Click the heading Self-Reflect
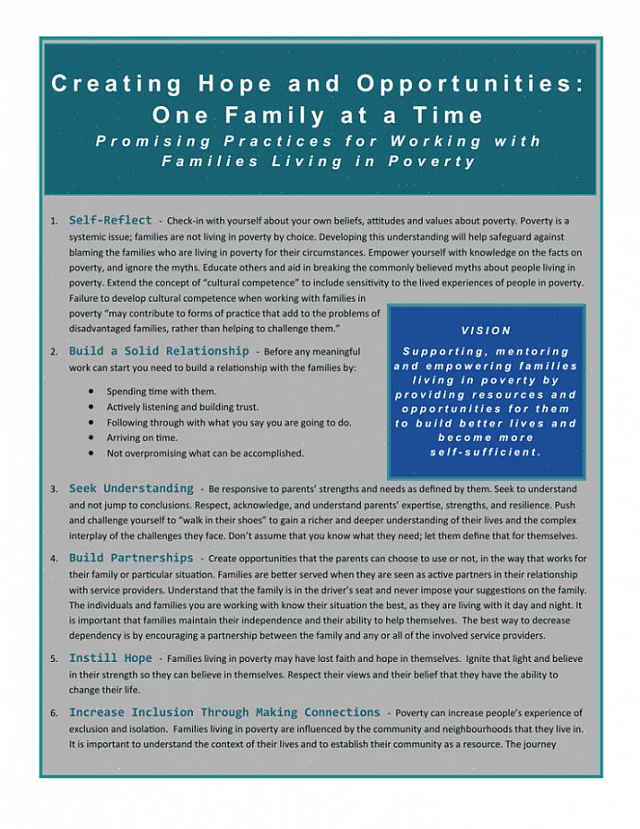[x=110, y=221]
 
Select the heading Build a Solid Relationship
[x=158, y=351]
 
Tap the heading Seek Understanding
[x=130, y=487]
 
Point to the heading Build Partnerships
[x=130, y=558]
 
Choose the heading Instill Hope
[x=110, y=658]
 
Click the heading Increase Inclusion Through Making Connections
[x=224, y=713]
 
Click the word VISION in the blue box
[x=486, y=330]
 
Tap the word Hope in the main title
[x=235, y=84]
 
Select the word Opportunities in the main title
[x=470, y=84]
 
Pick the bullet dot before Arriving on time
[x=91, y=438]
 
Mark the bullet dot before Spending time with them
[x=91, y=390]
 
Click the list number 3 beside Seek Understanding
[x=54, y=488]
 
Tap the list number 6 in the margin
[x=54, y=714]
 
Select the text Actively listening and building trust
[x=182, y=406]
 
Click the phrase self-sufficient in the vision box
[x=485, y=451]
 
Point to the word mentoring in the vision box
[x=532, y=351]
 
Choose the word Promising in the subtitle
[x=152, y=141]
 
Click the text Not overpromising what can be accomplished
[x=205, y=453]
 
